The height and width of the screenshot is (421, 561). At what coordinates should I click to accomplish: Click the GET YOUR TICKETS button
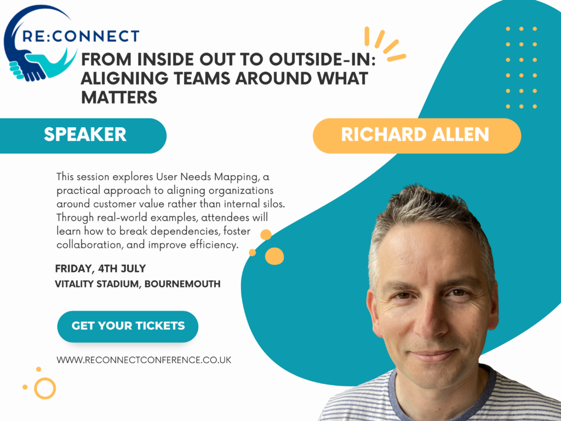(128, 326)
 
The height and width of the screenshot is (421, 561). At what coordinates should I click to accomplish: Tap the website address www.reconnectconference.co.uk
(144, 360)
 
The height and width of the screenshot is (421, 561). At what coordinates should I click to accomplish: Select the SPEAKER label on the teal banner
(85, 135)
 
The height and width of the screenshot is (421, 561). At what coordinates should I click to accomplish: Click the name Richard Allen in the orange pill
(415, 135)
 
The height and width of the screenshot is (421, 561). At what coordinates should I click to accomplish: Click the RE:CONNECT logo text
(81, 36)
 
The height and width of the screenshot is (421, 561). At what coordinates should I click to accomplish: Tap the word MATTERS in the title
(119, 98)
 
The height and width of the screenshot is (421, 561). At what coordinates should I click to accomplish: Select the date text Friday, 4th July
(101, 269)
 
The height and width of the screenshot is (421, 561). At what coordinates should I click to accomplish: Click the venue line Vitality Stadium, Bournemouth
(138, 284)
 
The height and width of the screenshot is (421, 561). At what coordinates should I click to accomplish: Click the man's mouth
(434, 355)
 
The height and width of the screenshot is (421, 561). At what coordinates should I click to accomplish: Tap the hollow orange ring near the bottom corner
(45, 389)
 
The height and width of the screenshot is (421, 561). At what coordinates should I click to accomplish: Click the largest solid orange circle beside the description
(274, 256)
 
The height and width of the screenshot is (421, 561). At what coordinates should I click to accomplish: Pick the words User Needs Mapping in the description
(207, 177)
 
